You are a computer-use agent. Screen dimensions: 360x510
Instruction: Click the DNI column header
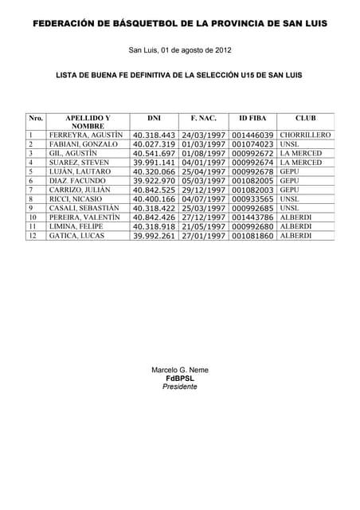tap(155, 118)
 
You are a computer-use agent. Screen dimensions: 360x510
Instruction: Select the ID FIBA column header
tap(252, 118)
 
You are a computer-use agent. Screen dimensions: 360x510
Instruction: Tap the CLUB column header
tap(305, 118)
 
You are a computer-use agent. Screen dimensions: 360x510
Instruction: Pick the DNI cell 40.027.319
tap(155, 144)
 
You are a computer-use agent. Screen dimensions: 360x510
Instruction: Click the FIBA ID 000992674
tap(252, 163)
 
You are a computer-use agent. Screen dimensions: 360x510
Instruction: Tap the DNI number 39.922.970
tap(155, 181)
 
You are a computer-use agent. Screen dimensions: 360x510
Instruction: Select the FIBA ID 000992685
tap(252, 208)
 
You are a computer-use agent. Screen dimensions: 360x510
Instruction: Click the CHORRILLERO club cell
tap(305, 135)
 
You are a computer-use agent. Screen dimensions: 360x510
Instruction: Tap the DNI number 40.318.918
tap(155, 226)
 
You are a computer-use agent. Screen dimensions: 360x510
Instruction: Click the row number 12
tap(33, 236)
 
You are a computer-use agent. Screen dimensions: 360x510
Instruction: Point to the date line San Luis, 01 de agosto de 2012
tap(180, 51)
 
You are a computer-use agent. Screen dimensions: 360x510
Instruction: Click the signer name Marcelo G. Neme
tap(180, 371)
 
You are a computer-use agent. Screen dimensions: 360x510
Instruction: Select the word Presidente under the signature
tap(179, 386)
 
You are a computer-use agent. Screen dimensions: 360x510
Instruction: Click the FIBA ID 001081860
tap(252, 236)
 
